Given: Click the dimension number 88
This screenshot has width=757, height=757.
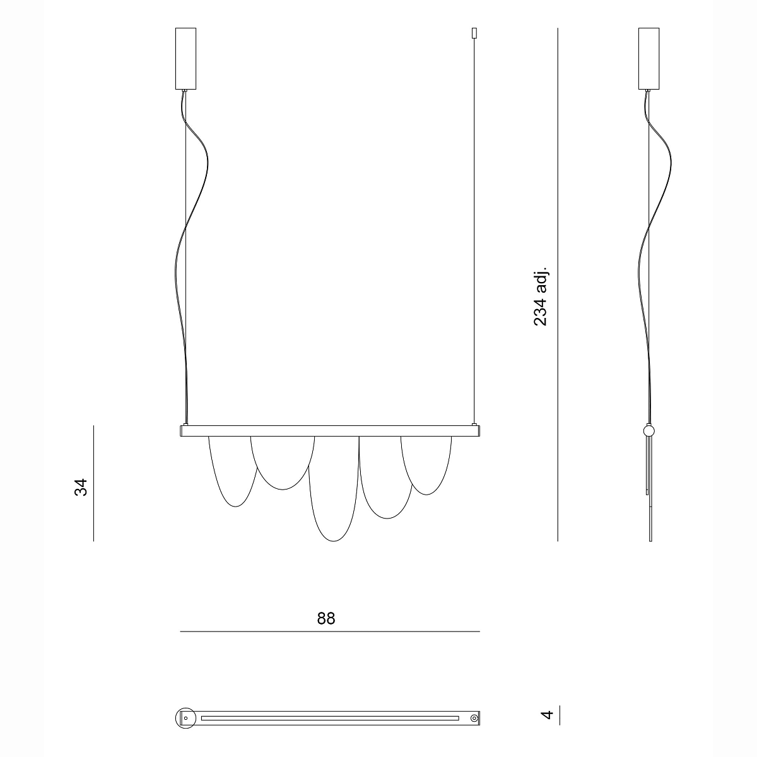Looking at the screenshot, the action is click(x=326, y=618).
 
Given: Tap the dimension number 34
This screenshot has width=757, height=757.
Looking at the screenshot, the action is click(x=81, y=488).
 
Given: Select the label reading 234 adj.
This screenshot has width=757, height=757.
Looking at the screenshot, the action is click(x=540, y=296).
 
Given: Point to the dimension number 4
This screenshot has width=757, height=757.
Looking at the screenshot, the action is click(x=547, y=725).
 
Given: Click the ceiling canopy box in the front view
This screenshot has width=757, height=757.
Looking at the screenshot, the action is click(x=185, y=59).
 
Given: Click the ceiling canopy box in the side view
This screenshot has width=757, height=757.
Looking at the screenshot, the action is click(x=648, y=59).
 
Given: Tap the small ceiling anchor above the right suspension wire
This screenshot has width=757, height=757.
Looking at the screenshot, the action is click(x=474, y=33).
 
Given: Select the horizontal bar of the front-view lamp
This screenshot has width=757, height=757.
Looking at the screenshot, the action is click(x=330, y=431).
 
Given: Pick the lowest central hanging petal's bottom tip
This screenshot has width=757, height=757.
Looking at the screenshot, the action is click(x=334, y=541).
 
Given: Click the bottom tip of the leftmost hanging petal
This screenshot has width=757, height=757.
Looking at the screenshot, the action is click(x=235, y=507).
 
